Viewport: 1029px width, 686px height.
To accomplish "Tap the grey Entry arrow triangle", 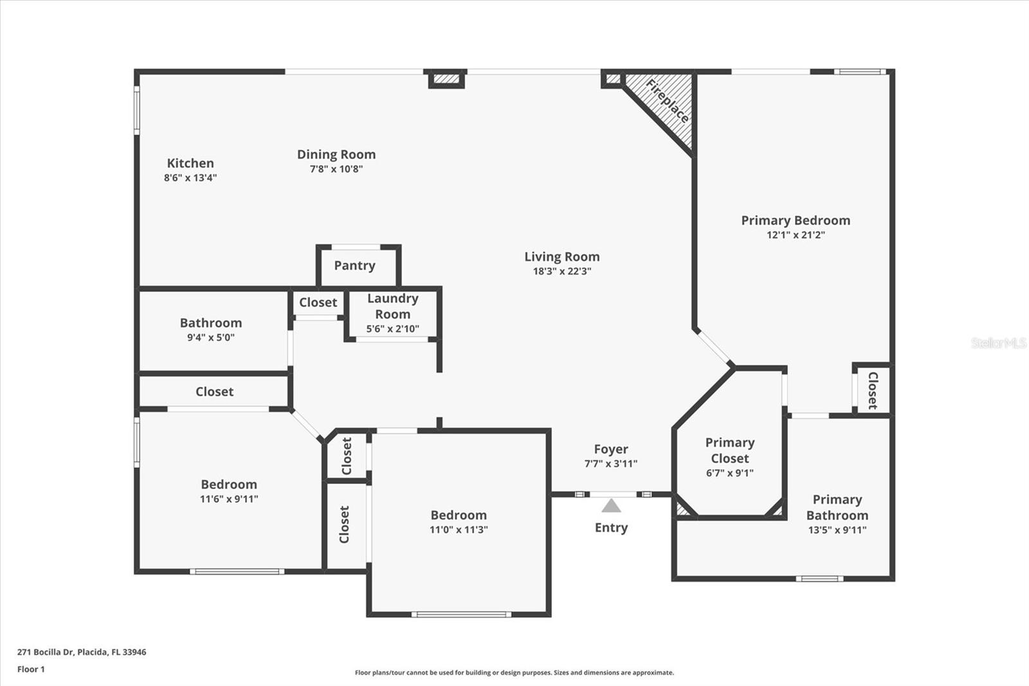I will [x=611, y=506].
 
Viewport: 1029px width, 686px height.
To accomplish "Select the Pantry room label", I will [x=354, y=266].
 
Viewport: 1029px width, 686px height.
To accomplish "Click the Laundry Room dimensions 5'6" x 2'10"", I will [x=392, y=329].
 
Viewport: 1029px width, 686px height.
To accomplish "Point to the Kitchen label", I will [x=190, y=163].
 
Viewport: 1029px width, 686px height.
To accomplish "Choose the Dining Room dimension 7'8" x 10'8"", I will [x=336, y=169].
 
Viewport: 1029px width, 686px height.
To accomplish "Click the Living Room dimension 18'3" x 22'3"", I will [x=562, y=272].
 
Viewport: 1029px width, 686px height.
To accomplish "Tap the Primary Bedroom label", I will [x=796, y=221].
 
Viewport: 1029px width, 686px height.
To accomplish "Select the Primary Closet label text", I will [x=729, y=450].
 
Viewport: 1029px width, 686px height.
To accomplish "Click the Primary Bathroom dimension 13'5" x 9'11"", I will [x=837, y=530].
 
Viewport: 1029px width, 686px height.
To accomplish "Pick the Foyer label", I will [x=611, y=449].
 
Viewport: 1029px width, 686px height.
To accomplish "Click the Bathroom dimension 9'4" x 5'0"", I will [x=211, y=338].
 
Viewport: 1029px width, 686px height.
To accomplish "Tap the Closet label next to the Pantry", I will [x=318, y=302].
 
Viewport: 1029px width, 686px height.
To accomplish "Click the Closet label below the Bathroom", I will [x=214, y=392].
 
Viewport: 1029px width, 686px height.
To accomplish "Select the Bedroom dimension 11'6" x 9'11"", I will [x=229, y=499].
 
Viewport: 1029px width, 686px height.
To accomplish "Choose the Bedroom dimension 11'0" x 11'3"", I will [x=459, y=530].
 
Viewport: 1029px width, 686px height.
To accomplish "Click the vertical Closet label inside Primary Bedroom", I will [x=873, y=390].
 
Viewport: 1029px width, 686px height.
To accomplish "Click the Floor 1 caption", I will [x=31, y=669].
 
